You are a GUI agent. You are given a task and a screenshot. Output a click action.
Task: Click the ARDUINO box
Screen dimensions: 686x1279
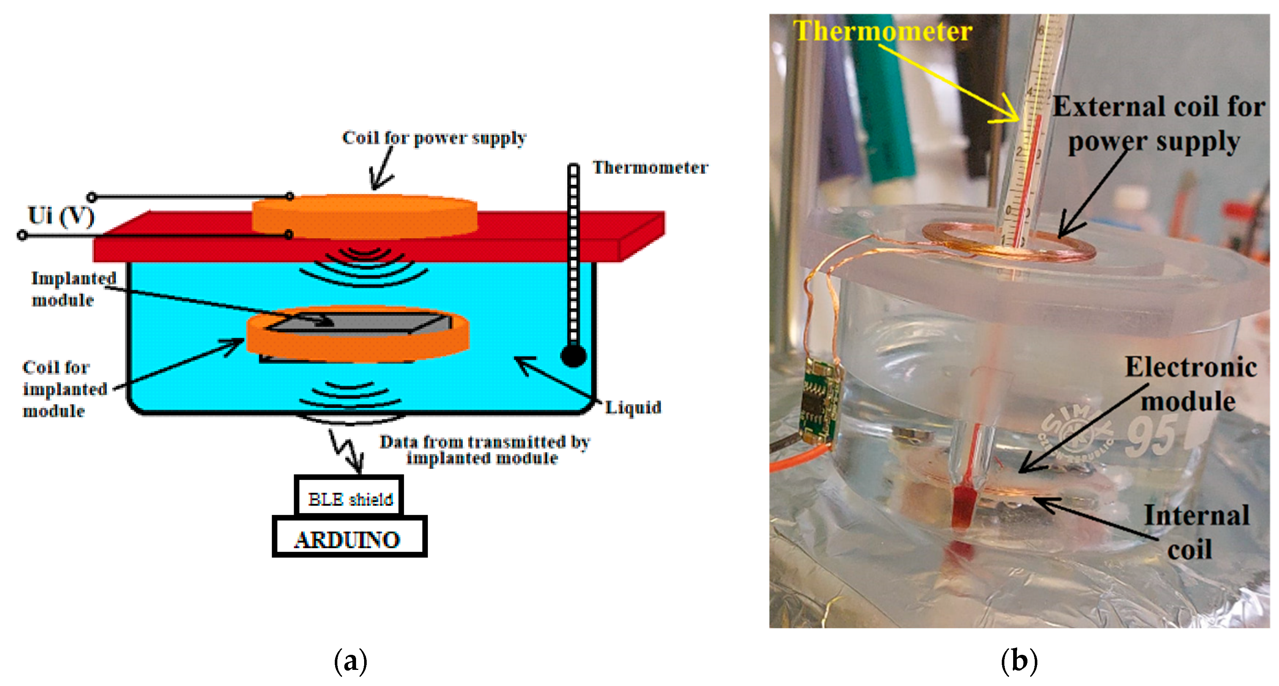coord(349,539)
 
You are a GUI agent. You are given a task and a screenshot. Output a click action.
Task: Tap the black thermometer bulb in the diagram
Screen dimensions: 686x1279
coord(573,356)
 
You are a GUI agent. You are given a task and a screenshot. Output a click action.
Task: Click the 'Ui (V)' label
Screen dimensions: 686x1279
coord(61,216)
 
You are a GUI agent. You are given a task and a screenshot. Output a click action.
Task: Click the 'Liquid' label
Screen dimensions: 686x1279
coord(633,407)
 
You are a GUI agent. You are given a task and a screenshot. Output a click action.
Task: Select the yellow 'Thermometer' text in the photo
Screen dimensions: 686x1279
coord(882,31)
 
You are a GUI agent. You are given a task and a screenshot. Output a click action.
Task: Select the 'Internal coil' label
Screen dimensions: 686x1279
coord(1196,532)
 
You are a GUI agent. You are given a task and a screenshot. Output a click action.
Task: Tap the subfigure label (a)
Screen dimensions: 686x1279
coord(350,661)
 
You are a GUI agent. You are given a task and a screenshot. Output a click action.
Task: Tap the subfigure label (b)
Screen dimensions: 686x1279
coord(1019,661)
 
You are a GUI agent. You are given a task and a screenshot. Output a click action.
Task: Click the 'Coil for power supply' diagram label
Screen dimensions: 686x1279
coord(434,138)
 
